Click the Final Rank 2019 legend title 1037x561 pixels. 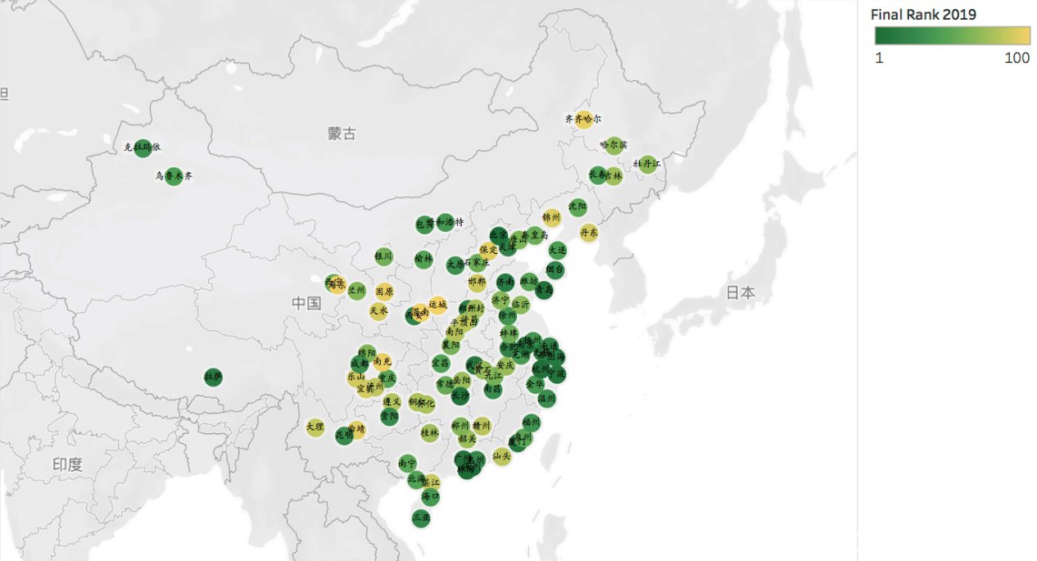923,15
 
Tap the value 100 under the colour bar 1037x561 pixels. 1017,58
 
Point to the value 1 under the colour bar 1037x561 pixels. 879,58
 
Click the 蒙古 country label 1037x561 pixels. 342,133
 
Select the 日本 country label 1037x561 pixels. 740,292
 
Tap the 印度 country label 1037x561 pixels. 67,464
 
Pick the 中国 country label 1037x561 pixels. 307,303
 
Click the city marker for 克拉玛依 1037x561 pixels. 143,148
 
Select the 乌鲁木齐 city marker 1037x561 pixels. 173,176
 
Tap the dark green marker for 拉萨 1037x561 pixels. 213,377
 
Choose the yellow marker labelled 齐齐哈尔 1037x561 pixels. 584,120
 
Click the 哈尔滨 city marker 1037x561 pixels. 614,145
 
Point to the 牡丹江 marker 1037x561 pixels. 647,164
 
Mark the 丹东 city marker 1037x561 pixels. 588,233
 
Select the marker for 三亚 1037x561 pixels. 421,518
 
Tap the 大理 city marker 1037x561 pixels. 315,427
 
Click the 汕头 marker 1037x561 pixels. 502,457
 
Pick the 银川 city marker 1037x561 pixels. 383,256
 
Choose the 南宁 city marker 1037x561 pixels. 407,464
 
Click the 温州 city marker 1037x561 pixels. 546,399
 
